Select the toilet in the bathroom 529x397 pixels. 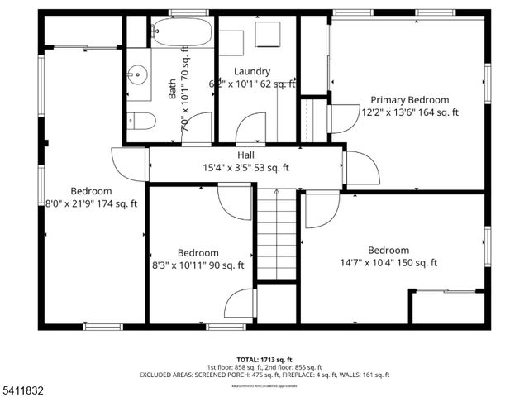(x=142, y=122)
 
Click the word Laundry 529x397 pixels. (x=252, y=71)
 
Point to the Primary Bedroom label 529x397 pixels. (x=410, y=100)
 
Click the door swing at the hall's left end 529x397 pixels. (x=128, y=164)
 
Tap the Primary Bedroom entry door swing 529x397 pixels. (x=341, y=119)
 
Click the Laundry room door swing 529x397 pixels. (x=251, y=130)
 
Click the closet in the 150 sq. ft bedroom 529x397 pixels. (x=446, y=306)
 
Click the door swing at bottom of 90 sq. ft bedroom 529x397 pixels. (x=239, y=303)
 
